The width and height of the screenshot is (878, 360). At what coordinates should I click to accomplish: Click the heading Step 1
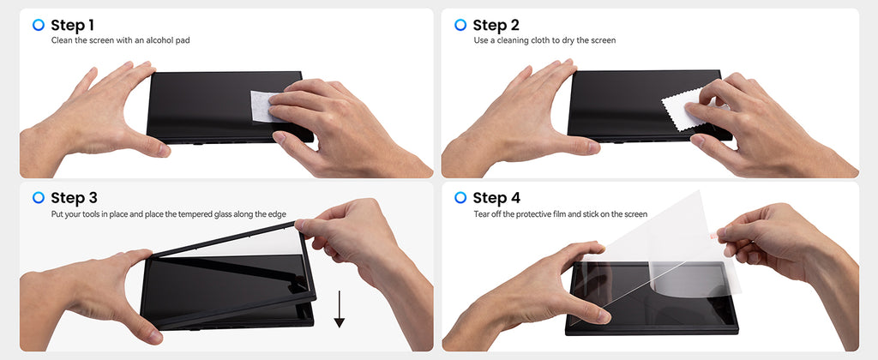72,25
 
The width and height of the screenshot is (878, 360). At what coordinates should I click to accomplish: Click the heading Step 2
496,25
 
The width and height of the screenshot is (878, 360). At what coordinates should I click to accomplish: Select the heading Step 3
74,198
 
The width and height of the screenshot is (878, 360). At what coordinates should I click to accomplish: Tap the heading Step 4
496,198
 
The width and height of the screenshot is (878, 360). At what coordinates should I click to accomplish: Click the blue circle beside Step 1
38,25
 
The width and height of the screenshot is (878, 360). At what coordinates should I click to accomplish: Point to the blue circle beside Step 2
460,25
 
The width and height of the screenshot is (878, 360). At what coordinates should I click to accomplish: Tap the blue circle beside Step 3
38,197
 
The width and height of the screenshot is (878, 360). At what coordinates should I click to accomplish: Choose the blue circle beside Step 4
460,197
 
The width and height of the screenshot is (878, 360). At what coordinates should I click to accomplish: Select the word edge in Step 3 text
277,214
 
